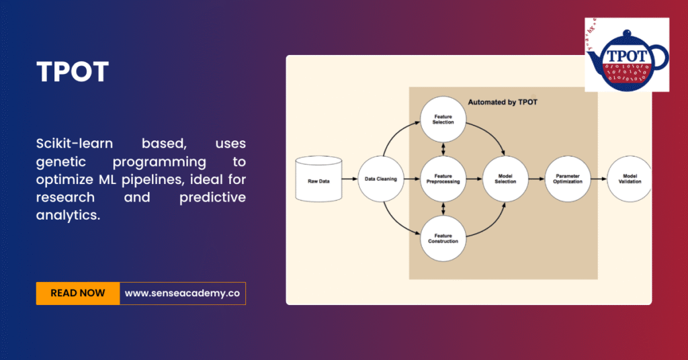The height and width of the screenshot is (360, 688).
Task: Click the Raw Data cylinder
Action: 318,179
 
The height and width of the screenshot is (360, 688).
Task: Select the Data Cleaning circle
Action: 380,179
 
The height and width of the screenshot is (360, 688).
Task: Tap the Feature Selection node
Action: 443,120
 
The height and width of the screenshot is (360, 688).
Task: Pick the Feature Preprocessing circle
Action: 443,179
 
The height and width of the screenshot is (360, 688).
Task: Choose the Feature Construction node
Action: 443,238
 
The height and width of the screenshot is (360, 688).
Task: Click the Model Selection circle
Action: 505,179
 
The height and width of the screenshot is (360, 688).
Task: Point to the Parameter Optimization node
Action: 567,179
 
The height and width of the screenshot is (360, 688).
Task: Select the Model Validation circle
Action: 629,179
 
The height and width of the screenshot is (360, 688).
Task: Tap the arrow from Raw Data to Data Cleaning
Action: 349,179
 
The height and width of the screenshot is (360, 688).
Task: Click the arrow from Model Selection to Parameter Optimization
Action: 536,179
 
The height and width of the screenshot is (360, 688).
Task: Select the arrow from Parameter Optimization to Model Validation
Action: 599,179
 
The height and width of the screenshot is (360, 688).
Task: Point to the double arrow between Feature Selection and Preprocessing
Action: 443,149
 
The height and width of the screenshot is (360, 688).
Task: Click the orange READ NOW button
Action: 78,293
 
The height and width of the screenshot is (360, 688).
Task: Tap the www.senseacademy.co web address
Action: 182,293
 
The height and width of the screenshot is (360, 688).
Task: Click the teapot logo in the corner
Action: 626,55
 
